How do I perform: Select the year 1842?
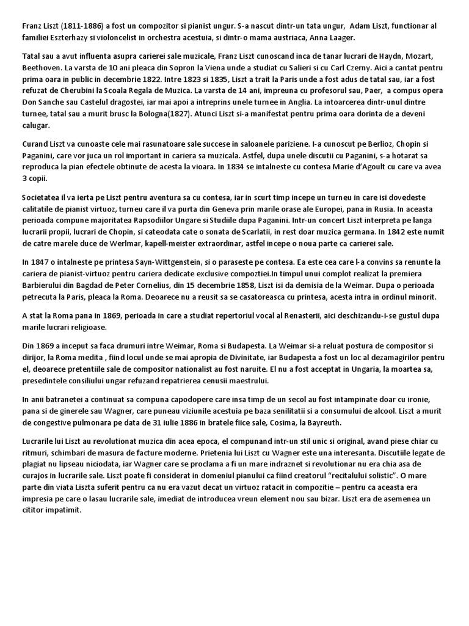click(398, 232)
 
